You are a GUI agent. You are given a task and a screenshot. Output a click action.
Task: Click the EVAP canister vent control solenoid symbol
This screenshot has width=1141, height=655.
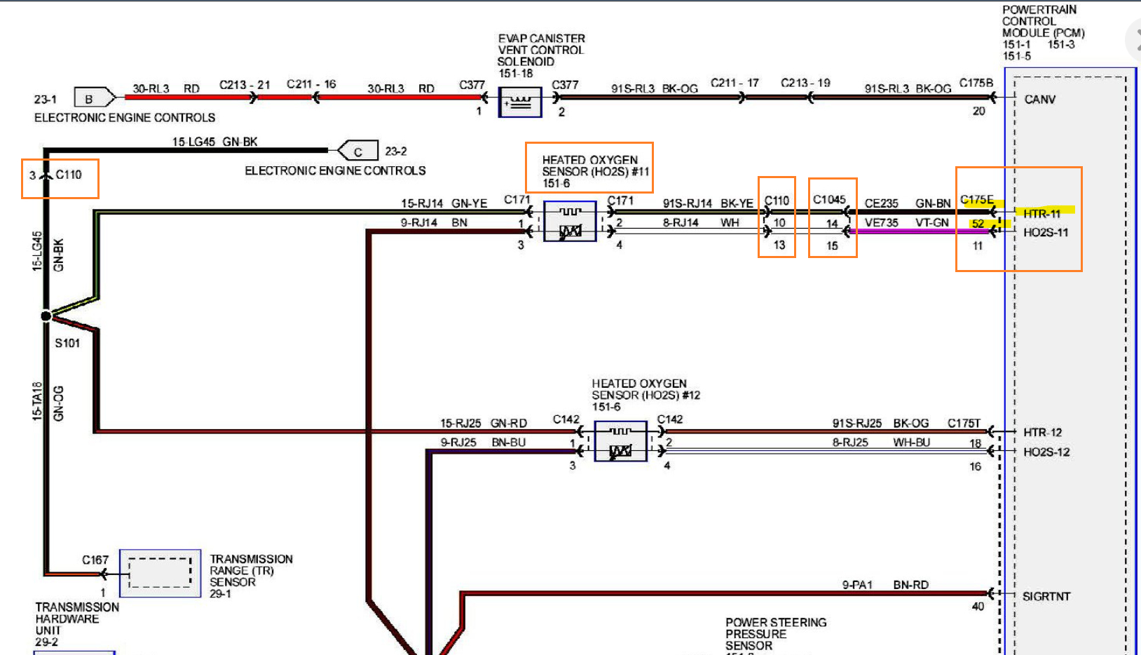point(519,102)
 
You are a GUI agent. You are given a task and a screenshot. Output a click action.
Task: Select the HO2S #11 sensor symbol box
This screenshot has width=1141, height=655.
point(570,222)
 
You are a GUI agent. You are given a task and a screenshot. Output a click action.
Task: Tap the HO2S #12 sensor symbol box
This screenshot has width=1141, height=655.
point(620,441)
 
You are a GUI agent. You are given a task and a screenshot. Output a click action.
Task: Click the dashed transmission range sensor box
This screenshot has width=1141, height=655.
point(160,573)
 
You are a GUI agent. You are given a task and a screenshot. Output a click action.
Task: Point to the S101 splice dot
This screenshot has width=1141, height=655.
point(46,316)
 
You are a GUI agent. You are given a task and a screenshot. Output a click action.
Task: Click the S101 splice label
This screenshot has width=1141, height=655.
point(67,343)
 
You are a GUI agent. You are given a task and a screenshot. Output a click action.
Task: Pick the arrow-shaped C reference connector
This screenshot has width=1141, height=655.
point(358,151)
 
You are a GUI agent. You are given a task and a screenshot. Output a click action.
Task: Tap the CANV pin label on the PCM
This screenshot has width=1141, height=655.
point(1039,100)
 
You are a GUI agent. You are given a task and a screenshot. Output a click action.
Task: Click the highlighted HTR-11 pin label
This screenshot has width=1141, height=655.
point(1041,213)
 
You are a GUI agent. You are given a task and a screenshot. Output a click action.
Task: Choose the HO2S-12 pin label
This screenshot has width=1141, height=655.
point(1046,452)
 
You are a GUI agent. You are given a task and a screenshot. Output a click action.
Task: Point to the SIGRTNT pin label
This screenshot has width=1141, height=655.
point(1046,596)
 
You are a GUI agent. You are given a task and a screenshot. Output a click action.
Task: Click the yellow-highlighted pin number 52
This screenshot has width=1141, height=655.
point(978,224)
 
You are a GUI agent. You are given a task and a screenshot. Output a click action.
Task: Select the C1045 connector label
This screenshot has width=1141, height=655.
point(829,200)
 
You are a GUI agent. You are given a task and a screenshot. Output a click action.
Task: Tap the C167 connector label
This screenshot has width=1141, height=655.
point(95,560)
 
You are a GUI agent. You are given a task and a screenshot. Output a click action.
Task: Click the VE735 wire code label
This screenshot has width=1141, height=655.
point(881,222)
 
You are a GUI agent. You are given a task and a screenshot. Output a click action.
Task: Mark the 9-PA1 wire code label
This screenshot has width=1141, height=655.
point(857,584)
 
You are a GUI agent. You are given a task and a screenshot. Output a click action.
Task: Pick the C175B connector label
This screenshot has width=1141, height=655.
point(976,83)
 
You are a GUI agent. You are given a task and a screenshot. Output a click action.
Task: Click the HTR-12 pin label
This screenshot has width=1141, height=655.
point(1042,432)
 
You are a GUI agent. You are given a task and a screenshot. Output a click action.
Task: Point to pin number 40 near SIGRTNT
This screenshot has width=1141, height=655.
point(978,607)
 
